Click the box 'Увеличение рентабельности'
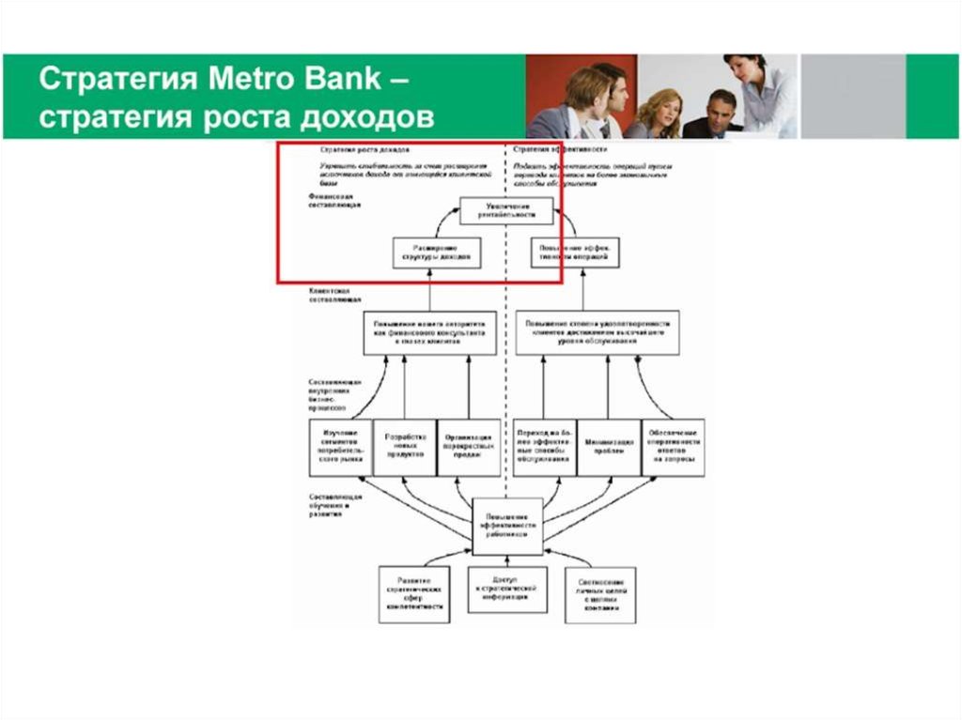(506, 210)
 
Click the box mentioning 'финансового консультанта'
(430, 333)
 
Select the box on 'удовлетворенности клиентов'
(597, 333)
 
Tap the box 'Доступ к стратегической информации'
(507, 589)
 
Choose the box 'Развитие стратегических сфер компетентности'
(413, 593)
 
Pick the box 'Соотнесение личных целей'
(600, 594)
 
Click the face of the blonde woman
(659, 106)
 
